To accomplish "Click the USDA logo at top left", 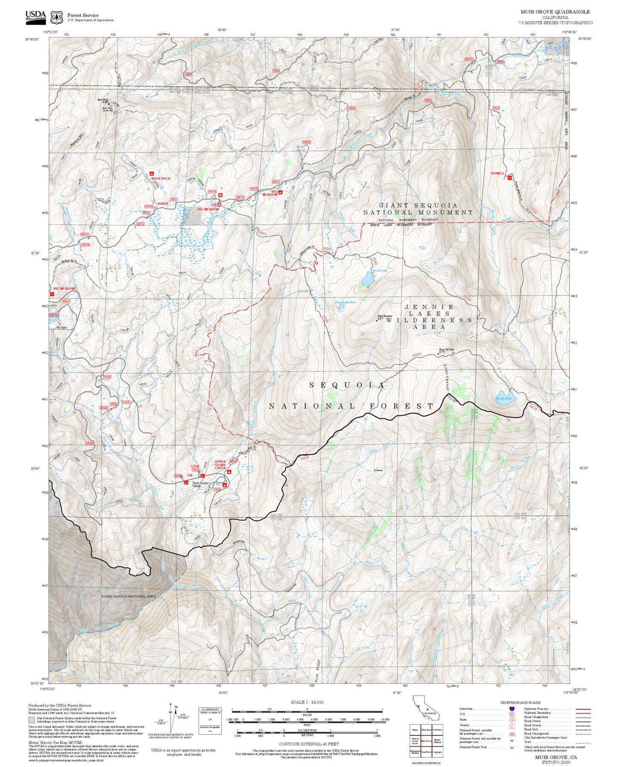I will [35, 16].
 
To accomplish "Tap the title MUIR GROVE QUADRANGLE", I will [555, 12].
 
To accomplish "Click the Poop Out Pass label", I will [446, 350].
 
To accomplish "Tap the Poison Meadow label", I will [345, 302].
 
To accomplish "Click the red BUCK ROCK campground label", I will [160, 178].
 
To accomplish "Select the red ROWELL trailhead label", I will [498, 173].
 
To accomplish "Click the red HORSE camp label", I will [163, 204].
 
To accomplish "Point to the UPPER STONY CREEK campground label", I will [220, 465].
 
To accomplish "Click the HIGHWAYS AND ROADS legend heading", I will [520, 702].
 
